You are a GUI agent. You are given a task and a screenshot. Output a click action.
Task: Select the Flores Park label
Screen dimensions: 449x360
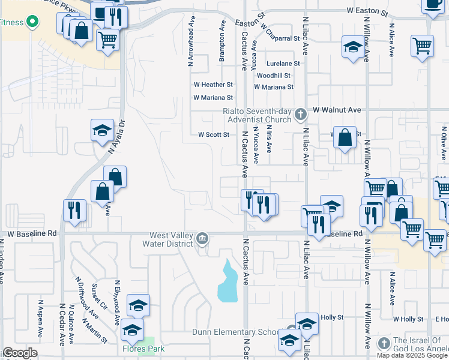(x=144, y=348)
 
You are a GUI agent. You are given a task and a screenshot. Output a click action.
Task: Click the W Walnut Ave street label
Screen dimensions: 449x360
(x=336, y=110)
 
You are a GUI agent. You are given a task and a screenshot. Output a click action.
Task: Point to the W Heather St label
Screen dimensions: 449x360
(x=212, y=85)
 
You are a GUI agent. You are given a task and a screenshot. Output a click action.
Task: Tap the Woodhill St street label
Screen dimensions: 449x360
(x=273, y=76)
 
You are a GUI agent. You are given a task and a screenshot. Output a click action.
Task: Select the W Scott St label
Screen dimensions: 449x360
(x=214, y=135)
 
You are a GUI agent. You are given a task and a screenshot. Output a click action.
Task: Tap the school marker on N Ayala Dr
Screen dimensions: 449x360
(x=103, y=130)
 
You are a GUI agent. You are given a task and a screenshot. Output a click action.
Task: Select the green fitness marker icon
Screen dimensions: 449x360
(x=32, y=23)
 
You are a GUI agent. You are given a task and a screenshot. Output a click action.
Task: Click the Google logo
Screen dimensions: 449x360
(x=19, y=353)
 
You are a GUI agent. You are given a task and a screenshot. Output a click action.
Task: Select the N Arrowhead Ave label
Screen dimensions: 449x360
(x=191, y=43)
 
